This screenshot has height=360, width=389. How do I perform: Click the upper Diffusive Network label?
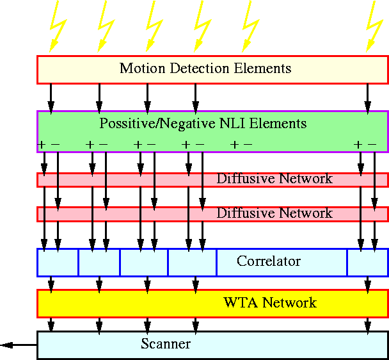274,179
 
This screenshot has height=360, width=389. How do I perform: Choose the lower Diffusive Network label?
274,213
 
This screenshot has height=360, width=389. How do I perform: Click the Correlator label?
268,261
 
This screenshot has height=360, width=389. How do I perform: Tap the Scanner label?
165,344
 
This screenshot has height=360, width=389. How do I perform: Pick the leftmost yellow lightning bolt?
56,26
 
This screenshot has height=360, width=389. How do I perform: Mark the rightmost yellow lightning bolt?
373,26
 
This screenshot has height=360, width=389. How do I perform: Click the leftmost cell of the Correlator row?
58,262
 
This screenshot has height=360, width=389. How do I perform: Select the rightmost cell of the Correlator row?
367,262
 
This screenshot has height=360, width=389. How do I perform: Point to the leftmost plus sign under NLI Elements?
42,145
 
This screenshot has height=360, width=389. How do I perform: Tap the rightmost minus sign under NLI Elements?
372,145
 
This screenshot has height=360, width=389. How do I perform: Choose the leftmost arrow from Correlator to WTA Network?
51,282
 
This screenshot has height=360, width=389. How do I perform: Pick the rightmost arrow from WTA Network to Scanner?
367,324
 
